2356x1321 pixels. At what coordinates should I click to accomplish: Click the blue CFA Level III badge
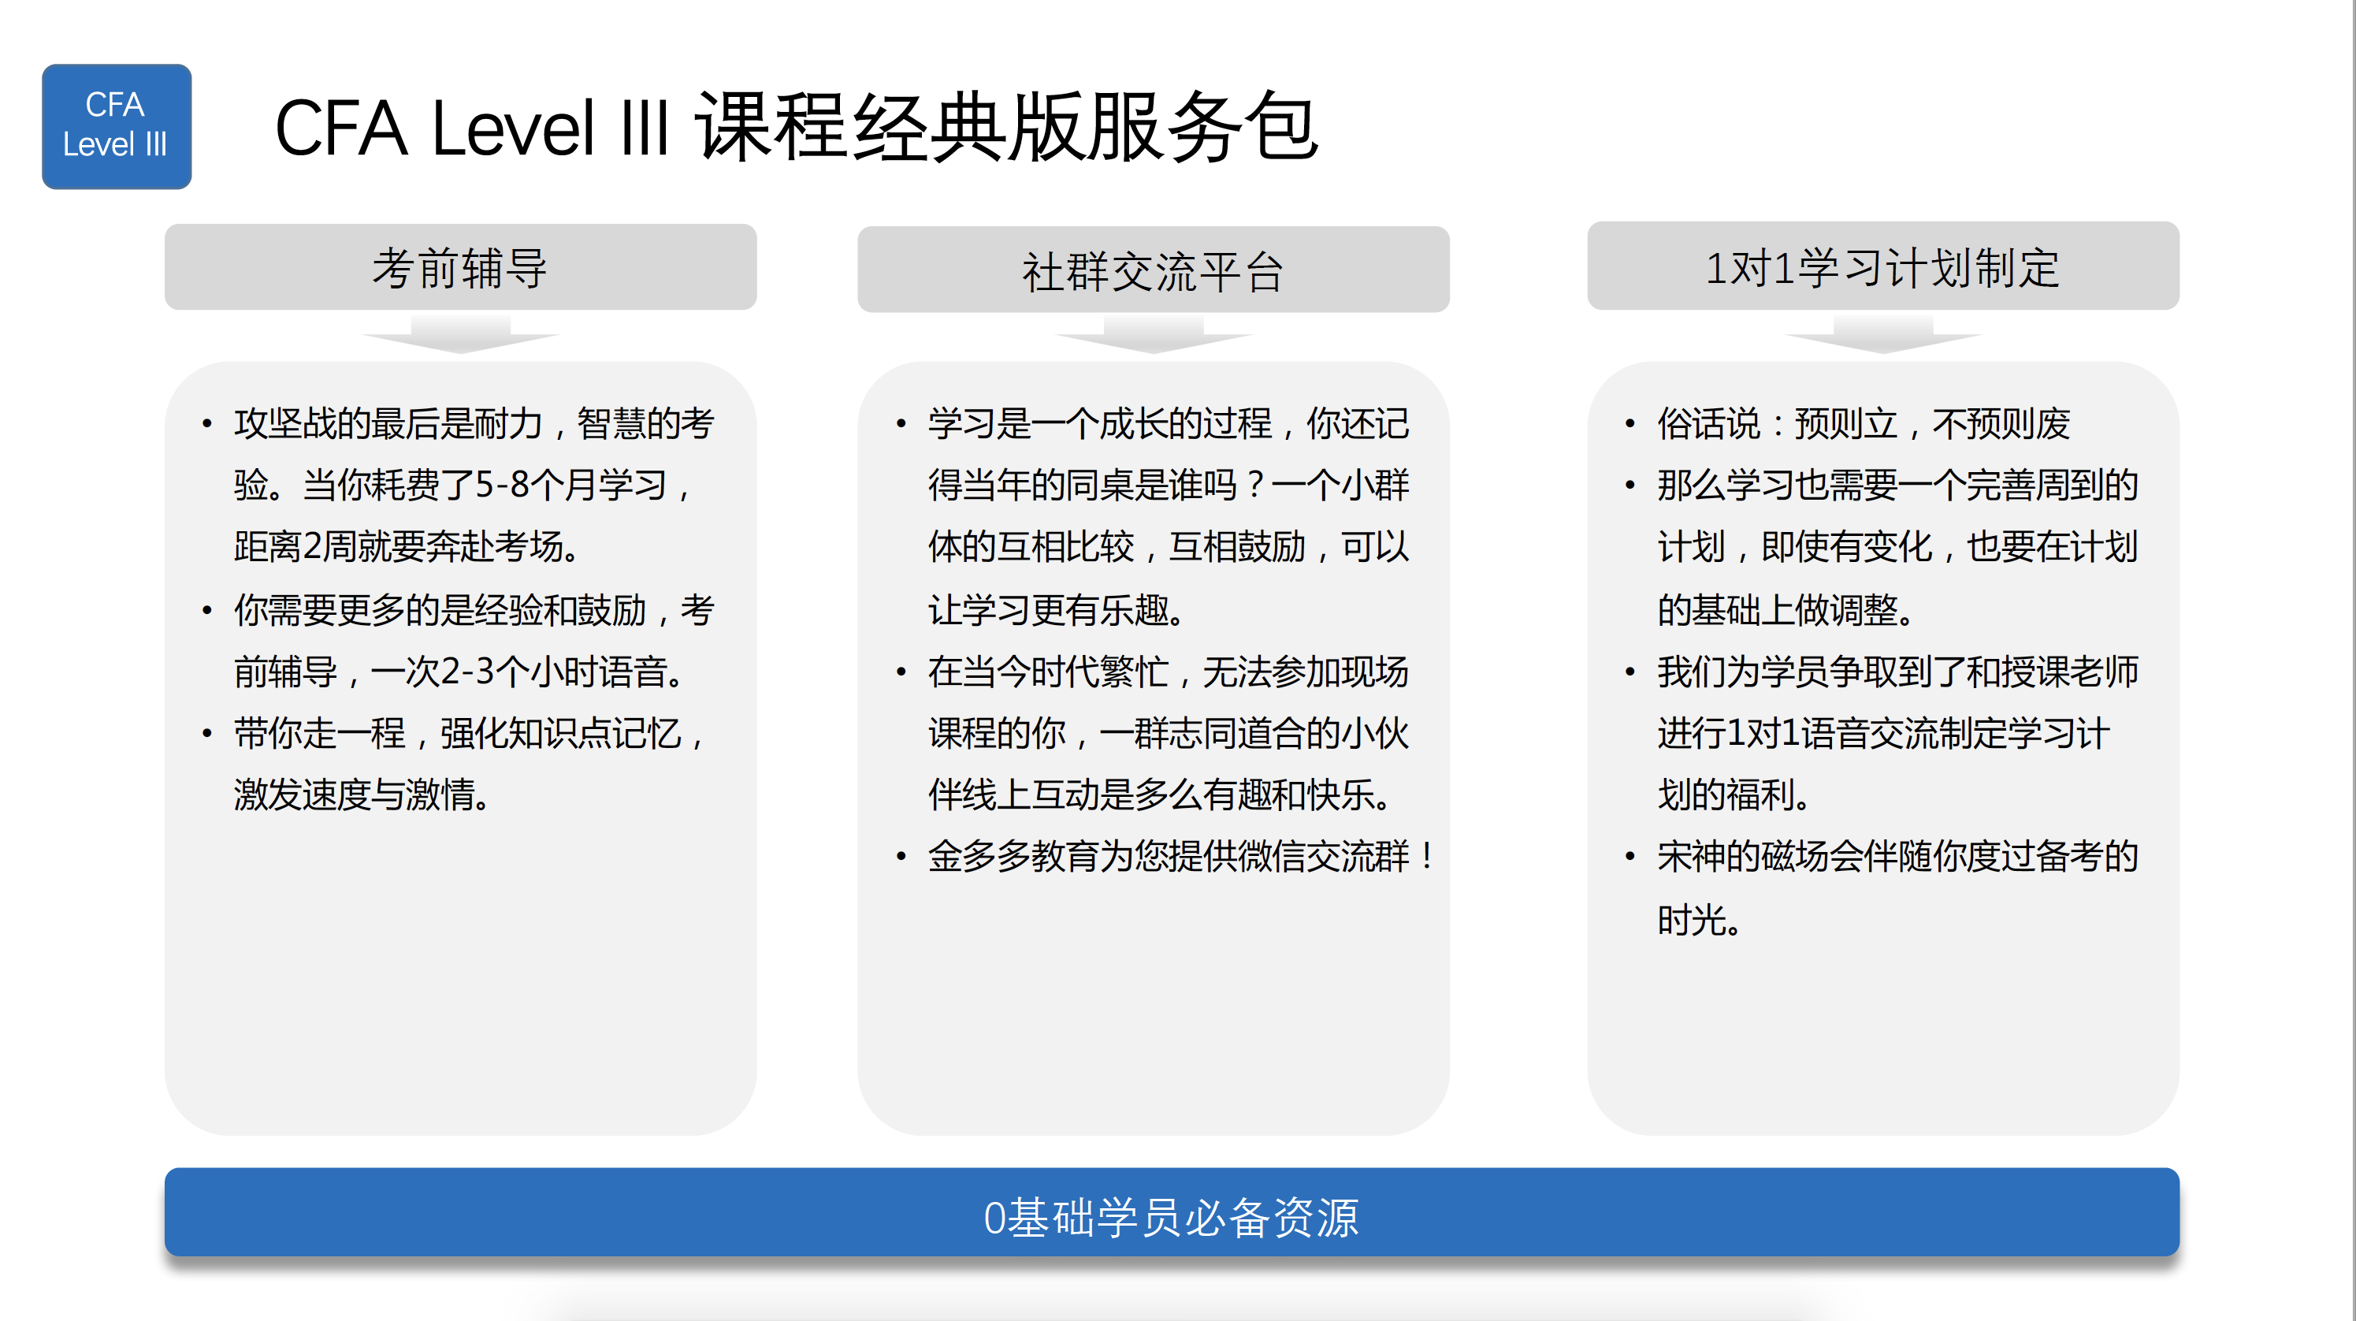[x=116, y=126]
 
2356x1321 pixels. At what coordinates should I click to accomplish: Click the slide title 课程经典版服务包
[x=1006, y=127]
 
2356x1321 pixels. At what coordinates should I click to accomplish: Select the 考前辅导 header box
[x=460, y=267]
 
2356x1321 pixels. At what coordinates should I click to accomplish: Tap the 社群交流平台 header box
[x=1154, y=270]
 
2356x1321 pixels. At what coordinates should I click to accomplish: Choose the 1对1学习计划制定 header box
[x=1883, y=266]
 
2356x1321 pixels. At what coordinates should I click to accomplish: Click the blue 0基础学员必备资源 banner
[x=1172, y=1212]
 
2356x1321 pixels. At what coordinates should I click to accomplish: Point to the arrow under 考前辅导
[x=460, y=335]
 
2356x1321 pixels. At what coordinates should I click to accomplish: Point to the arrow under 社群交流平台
[x=1154, y=335]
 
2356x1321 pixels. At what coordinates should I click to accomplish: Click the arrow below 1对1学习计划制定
[x=1883, y=335]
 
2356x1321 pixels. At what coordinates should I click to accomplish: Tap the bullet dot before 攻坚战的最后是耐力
[x=206, y=423]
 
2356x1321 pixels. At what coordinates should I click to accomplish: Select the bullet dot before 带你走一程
[x=206, y=733]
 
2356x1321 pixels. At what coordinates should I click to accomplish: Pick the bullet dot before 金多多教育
[x=901, y=856]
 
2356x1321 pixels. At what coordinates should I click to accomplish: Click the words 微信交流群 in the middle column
[x=1324, y=856]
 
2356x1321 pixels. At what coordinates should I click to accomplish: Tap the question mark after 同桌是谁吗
[x=1254, y=485]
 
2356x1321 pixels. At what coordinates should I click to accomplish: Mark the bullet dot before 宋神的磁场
[x=1630, y=856]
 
